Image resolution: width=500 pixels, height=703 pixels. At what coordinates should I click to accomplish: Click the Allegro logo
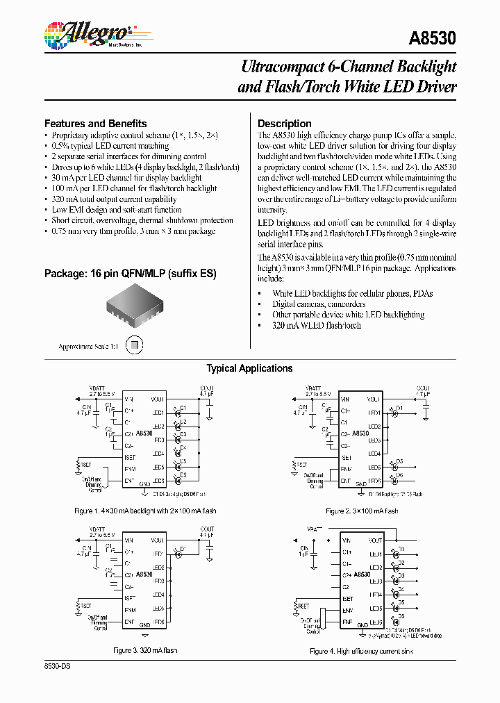click(x=88, y=33)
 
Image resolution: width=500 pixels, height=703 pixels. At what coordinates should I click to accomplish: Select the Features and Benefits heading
click(x=95, y=123)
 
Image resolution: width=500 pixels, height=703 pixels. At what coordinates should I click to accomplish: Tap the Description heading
click(x=284, y=123)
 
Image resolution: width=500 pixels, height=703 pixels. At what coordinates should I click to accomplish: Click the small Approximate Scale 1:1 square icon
click(x=137, y=345)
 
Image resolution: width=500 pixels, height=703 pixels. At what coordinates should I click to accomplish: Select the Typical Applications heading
click(x=249, y=368)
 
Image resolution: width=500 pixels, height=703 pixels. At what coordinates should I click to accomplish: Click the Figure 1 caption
click(x=145, y=511)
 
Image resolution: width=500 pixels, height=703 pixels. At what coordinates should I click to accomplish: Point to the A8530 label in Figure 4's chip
click(x=362, y=574)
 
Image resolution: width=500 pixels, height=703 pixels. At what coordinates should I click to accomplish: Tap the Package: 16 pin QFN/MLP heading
click(x=130, y=274)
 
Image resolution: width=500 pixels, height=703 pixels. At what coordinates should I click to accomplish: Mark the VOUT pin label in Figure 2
click(x=374, y=399)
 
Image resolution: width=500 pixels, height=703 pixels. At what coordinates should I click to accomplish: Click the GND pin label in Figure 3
click(x=144, y=625)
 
